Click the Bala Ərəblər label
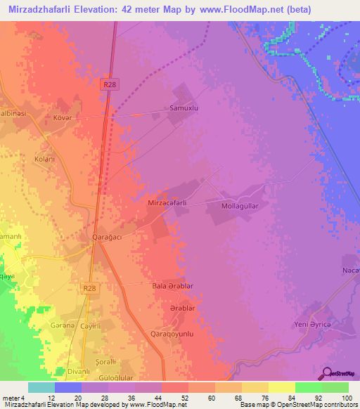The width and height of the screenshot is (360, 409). point(172,287)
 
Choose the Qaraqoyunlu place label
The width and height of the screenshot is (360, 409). point(172,335)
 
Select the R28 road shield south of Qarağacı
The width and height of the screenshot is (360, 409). point(89,288)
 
